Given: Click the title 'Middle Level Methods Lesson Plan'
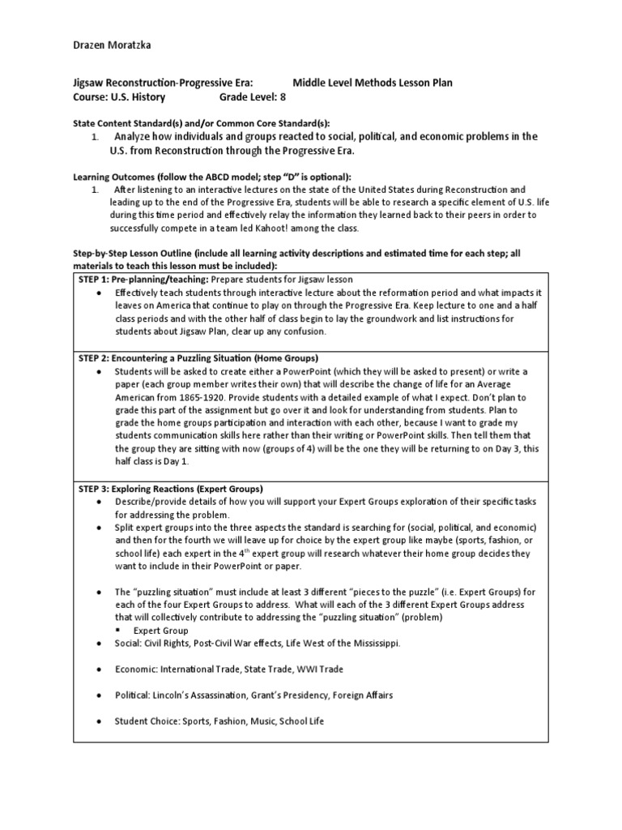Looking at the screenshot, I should tap(373, 83).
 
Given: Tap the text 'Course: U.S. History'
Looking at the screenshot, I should tap(118, 97).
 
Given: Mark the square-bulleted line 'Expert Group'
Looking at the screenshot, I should tap(161, 630).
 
